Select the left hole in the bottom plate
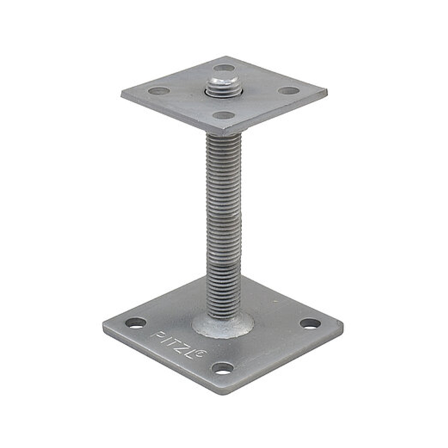(x=135, y=323)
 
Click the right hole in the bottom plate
(x=310, y=324)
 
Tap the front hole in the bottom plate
(x=223, y=368)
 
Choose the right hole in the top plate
(x=289, y=90)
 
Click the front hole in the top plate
(x=223, y=116)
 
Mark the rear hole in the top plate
(x=224, y=67)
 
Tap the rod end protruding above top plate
(x=223, y=83)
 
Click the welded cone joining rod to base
(x=222, y=323)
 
